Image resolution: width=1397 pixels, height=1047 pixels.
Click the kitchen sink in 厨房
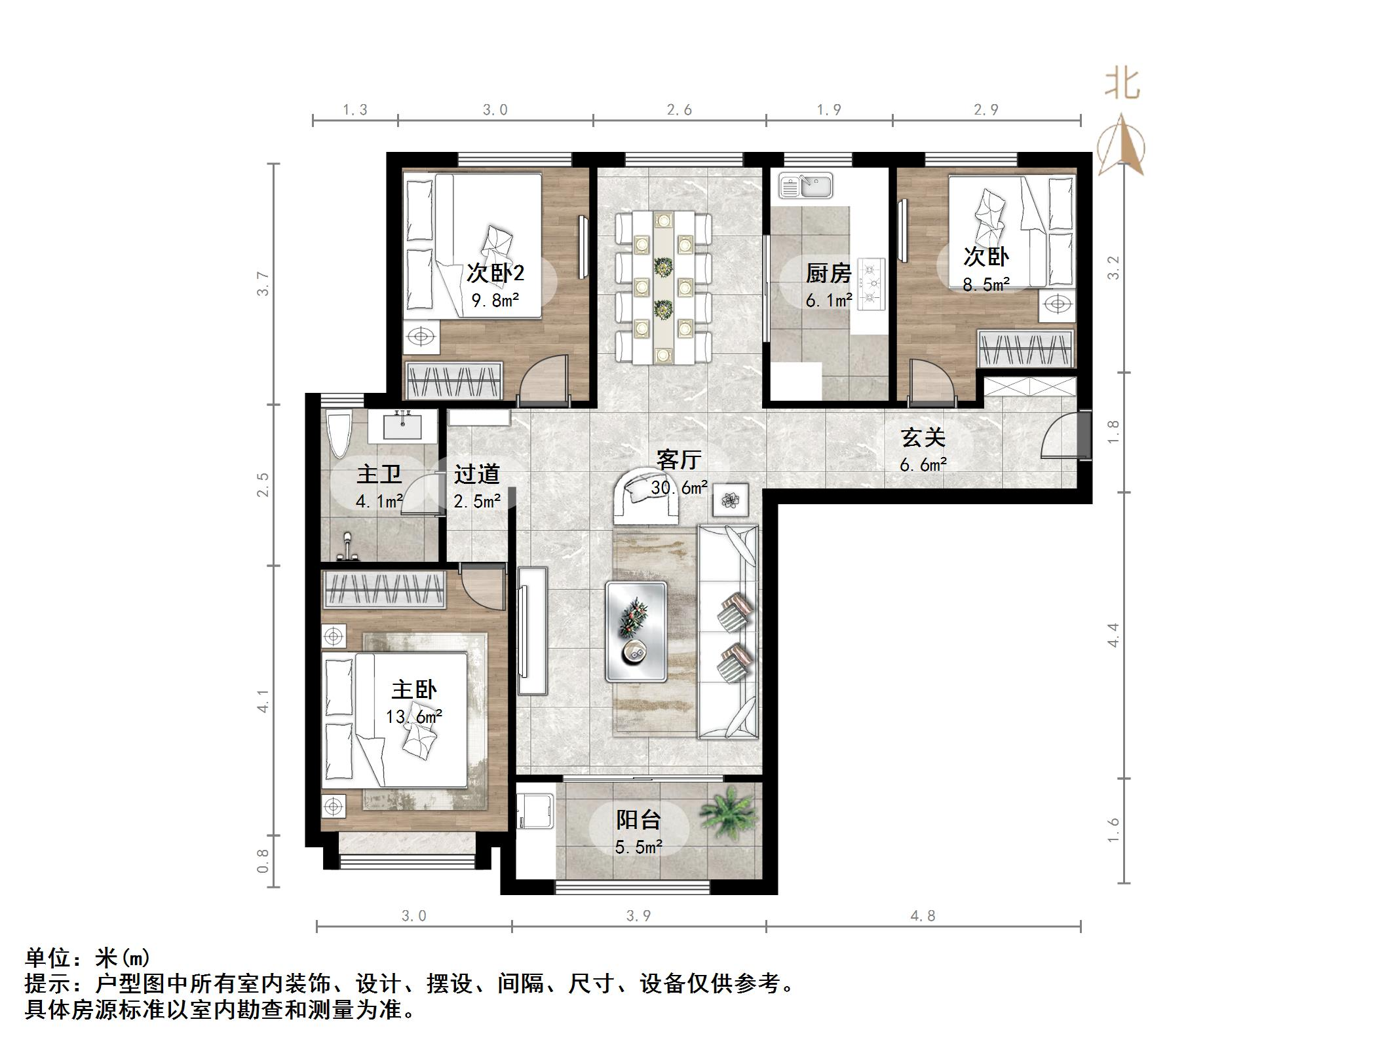tap(805, 185)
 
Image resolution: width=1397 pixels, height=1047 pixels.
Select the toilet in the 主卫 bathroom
tap(339, 434)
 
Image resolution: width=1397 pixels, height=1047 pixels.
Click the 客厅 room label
tap(679, 460)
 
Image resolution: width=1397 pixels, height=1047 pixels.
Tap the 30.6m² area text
tap(679, 487)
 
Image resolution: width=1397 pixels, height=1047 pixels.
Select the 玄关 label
tap(923, 437)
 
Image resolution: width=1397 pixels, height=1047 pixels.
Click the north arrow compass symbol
tap(1122, 147)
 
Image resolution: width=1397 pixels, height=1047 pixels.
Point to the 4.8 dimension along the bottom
tap(923, 915)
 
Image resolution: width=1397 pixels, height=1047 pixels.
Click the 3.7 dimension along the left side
tap(263, 284)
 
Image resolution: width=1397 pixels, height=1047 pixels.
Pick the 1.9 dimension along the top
tap(829, 110)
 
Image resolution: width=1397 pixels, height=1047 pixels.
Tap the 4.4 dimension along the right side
tap(1113, 635)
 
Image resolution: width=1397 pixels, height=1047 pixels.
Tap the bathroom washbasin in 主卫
tap(402, 426)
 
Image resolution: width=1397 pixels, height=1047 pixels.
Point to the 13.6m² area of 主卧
tap(413, 717)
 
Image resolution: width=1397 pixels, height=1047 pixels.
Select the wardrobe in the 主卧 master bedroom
tap(385, 587)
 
